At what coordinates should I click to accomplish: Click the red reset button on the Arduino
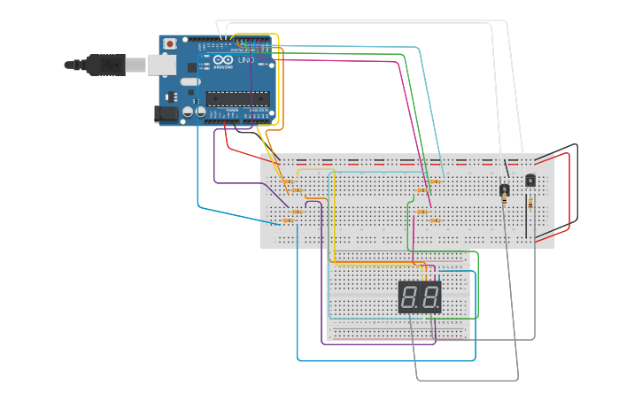pyautogui.click(x=169, y=43)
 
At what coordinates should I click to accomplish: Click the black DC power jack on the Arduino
pyautogui.click(x=166, y=113)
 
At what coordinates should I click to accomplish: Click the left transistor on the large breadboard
pyautogui.click(x=504, y=189)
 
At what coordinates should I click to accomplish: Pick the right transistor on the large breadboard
pyautogui.click(x=530, y=180)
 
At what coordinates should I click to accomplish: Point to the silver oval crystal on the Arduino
pyautogui.click(x=190, y=82)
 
